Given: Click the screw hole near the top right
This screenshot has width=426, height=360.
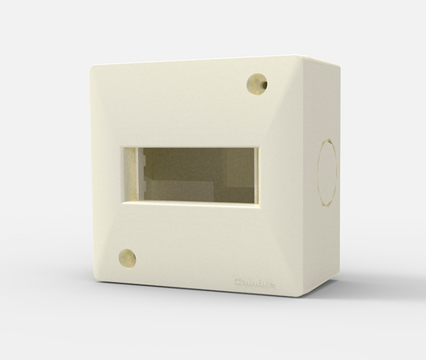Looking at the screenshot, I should point(257,84).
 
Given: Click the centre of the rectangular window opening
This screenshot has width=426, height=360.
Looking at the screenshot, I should point(189,174).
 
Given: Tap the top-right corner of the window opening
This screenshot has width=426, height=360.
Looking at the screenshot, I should point(258,149).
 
